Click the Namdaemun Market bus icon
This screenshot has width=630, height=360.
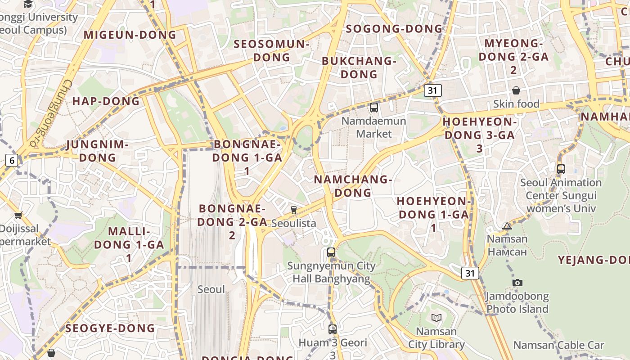coord(373,108)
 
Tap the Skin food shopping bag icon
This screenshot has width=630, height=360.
coord(516,91)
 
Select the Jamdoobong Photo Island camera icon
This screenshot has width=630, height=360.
coord(517,283)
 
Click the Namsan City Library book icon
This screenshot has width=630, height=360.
coord(436,318)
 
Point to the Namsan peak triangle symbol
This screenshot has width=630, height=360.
coord(507,226)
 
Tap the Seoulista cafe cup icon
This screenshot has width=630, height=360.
coord(294,210)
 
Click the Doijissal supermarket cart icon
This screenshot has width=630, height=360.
coord(18,215)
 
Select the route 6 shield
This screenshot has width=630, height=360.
coord(12,160)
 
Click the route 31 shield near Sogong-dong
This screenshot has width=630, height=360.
coord(432,90)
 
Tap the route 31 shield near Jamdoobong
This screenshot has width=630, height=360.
coord(470,273)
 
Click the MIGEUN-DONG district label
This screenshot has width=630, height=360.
coord(130,35)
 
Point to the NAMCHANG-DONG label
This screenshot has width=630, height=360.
coord(353,186)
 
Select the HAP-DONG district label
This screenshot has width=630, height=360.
coord(106,101)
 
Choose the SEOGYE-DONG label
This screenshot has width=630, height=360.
coord(110,328)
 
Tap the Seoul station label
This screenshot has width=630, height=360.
coord(211,289)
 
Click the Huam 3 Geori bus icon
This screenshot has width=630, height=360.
coord(332,329)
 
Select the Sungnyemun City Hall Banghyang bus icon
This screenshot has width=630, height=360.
coord(331,252)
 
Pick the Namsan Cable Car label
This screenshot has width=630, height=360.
coord(558,345)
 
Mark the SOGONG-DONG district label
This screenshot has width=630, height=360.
coord(394,29)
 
